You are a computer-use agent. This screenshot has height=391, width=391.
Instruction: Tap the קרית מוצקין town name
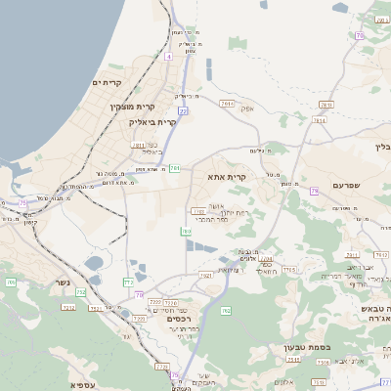click(132, 106)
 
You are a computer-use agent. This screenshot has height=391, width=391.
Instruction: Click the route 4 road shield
click(168, 57)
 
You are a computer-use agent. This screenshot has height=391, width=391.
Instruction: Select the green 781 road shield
click(174, 169)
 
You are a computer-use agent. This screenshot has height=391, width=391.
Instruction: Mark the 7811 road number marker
click(138, 145)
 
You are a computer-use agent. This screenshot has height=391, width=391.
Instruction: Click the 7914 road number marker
click(228, 103)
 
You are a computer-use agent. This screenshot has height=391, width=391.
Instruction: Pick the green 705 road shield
click(10, 282)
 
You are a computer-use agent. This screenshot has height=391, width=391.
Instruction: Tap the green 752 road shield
click(81, 292)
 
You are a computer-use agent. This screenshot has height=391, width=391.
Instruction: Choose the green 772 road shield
click(128, 282)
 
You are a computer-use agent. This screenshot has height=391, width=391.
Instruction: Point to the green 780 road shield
click(186, 232)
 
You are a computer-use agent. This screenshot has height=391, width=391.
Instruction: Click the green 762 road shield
click(226, 311)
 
